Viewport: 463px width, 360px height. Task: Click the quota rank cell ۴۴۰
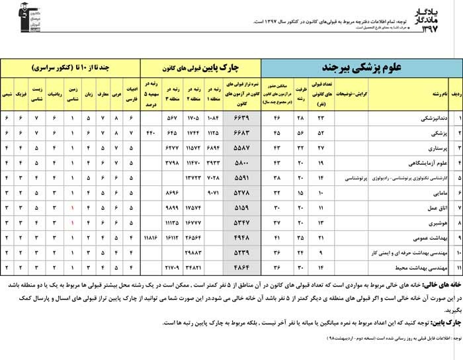click(150, 133)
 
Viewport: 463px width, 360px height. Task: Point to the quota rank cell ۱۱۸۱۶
click(150, 237)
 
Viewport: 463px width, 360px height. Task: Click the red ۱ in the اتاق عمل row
click(72, 207)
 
